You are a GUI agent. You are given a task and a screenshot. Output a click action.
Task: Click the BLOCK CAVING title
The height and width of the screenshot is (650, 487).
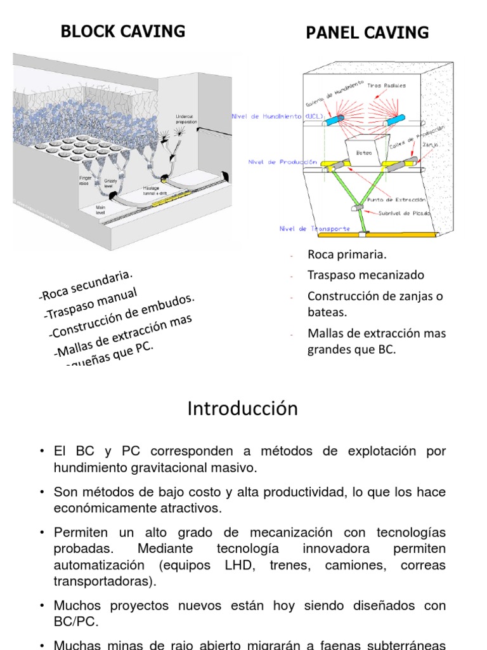(122, 31)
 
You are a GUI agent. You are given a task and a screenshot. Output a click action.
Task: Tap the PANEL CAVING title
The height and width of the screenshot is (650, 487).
(367, 33)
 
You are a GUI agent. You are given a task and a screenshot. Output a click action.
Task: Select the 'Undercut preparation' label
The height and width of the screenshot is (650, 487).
(188, 119)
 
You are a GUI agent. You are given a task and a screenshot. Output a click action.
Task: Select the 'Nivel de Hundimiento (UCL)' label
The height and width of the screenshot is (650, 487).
(278, 117)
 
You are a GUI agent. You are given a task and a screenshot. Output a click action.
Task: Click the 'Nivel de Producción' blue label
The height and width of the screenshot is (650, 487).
(282, 162)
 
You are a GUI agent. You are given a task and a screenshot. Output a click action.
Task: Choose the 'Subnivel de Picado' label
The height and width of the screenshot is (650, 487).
(404, 214)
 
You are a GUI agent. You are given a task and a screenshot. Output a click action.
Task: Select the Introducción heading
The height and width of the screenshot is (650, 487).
(242, 409)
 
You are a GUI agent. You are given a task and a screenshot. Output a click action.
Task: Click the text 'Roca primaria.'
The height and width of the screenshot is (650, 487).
(347, 255)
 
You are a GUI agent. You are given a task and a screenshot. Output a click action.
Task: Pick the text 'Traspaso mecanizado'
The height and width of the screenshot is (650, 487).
(366, 275)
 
